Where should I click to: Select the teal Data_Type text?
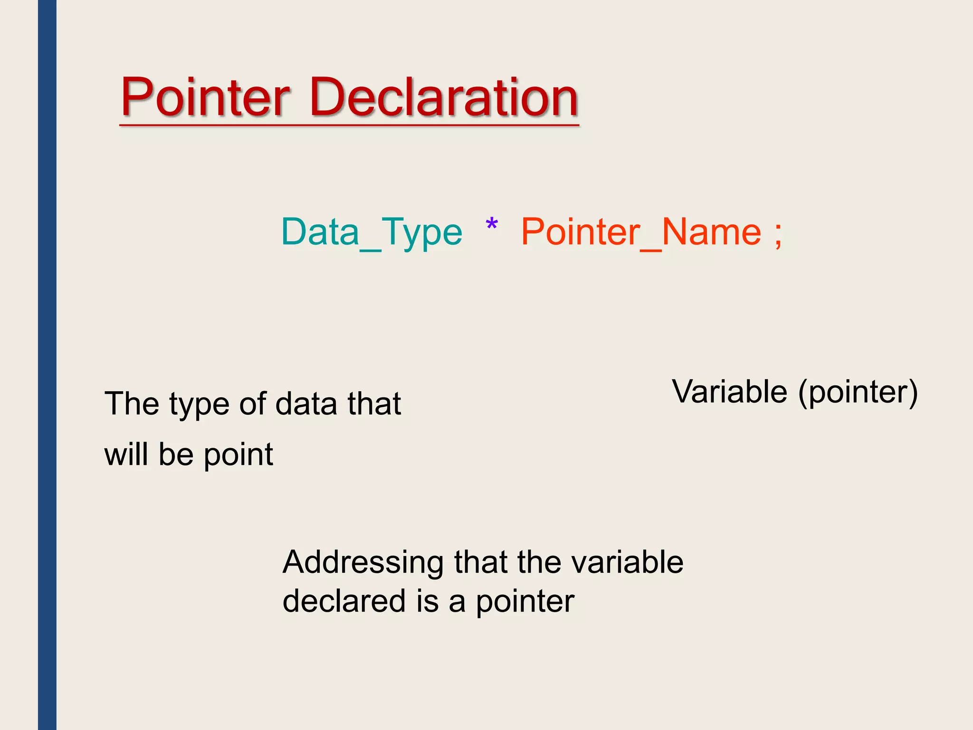372,232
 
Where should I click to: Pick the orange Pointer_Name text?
641,232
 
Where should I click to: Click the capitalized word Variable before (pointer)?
730,392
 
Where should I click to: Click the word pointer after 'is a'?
525,603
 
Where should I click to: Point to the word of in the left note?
252,404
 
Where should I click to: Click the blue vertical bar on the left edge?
47,365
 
